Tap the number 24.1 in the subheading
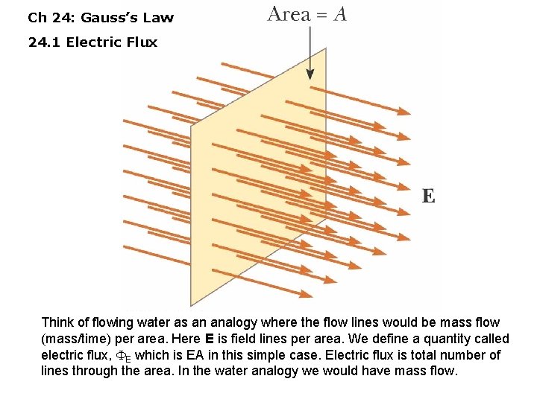[44, 42]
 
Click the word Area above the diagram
[289, 13]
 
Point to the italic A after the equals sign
[339, 13]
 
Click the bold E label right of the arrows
[428, 196]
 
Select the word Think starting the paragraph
[58, 322]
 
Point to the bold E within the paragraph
[210, 339]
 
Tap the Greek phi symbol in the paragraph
[120, 356]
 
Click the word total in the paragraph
[429, 355]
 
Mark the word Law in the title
[158, 16]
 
